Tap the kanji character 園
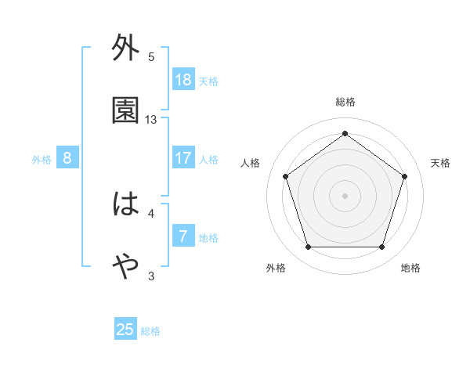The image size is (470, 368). coord(125,111)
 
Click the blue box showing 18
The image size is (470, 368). coord(183,80)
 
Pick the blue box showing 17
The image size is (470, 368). coord(183,158)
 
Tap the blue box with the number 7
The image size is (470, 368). coord(183,236)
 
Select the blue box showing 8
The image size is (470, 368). coord(67,158)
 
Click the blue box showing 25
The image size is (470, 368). coord(125,330)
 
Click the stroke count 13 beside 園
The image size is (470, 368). coord(151,120)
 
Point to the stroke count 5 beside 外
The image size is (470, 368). coord(151,57)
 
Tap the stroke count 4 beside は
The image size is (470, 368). coord(151,213)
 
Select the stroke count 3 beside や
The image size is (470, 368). coord(151,276)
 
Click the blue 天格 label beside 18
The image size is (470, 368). coord(208,81)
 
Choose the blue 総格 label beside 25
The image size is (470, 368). coord(150,331)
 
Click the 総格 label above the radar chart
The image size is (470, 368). coord(345,102)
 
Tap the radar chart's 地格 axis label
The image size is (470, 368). coord(410,268)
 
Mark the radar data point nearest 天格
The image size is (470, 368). coord(405,176)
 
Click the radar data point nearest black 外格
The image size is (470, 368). coord(308,247)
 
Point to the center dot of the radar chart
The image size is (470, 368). coord(345,195)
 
